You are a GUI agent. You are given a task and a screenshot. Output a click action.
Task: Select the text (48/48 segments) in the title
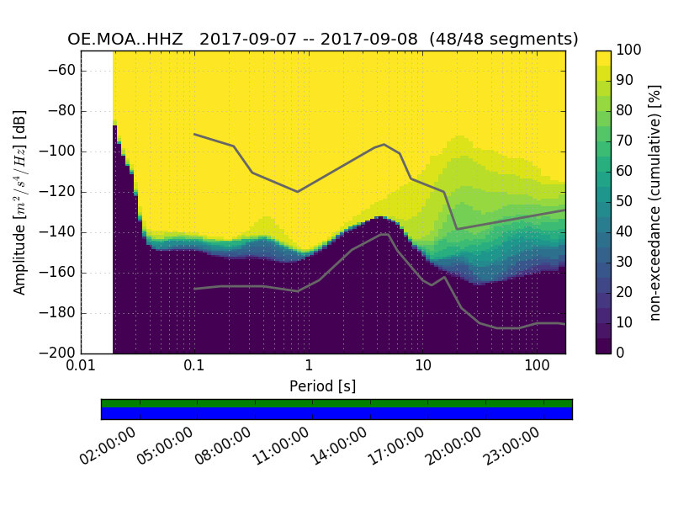point(504,40)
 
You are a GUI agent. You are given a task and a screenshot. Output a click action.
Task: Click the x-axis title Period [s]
point(322,386)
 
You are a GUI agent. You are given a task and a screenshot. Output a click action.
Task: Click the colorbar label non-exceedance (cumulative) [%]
point(655,202)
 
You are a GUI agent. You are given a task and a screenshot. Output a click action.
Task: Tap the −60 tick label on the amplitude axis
point(62,71)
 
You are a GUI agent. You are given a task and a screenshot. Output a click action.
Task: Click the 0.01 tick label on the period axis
point(81,368)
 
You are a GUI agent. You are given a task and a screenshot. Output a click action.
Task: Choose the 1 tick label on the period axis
point(309,368)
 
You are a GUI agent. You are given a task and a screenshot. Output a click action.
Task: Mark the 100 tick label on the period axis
point(537,368)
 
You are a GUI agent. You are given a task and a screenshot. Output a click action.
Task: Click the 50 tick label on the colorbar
point(624,202)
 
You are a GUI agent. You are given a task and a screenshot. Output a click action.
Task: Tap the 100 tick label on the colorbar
point(628,50)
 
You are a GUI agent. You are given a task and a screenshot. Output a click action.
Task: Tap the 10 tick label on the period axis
point(422,368)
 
